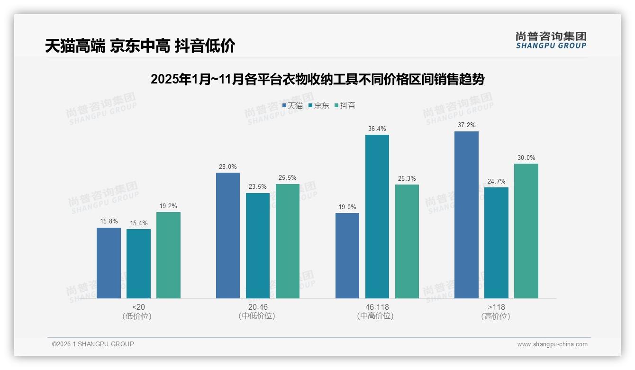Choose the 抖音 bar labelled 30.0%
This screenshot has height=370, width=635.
[x=526, y=231]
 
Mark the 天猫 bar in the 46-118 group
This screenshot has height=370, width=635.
[x=347, y=256]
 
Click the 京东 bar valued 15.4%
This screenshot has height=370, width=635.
[x=138, y=264]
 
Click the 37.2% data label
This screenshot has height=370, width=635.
[x=466, y=125]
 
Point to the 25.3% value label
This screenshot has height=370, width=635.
[x=407, y=178]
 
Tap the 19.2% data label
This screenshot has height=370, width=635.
[x=168, y=206]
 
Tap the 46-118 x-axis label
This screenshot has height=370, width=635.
[x=377, y=307]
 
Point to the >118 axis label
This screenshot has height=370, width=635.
[x=496, y=307]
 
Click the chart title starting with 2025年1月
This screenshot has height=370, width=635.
[x=317, y=79]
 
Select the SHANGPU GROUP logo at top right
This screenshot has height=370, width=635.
[x=551, y=40]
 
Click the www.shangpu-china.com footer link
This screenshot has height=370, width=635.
[x=552, y=344]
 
